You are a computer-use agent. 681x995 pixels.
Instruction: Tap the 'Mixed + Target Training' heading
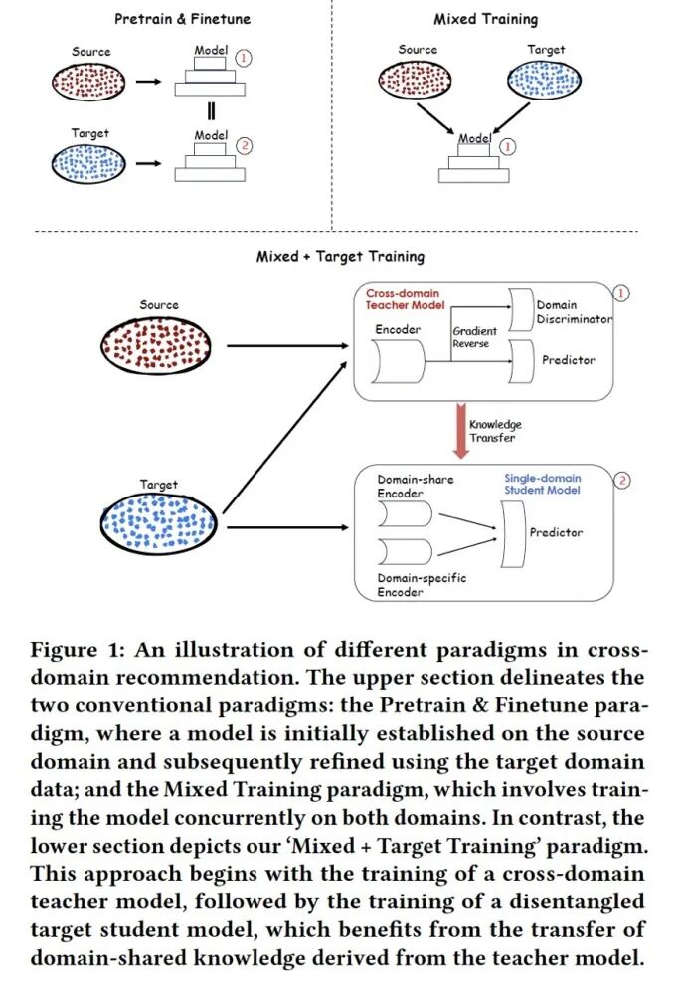pyautogui.click(x=340, y=256)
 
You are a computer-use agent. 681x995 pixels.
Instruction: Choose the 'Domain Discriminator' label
pyautogui.click(x=574, y=312)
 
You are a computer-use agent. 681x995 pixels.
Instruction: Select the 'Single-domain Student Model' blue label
pyautogui.click(x=542, y=484)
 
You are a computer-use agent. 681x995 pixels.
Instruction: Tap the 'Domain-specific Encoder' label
pyautogui.click(x=422, y=585)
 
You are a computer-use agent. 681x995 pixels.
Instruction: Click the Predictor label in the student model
pyautogui.click(x=556, y=533)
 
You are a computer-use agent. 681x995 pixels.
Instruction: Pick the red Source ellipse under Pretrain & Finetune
pyautogui.click(x=91, y=81)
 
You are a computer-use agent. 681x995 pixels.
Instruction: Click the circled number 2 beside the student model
pyautogui.click(x=623, y=481)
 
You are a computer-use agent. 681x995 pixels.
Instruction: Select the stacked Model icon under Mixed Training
pyautogui.click(x=474, y=161)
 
